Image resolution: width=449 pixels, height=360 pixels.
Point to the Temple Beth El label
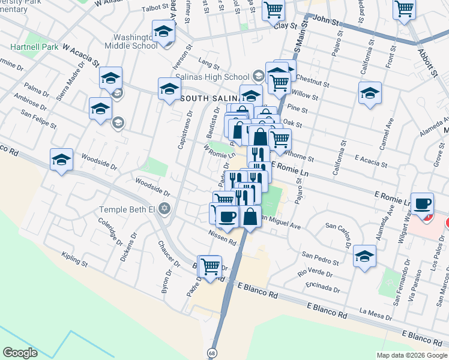point(128,210)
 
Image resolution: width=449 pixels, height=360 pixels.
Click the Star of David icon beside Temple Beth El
point(164,210)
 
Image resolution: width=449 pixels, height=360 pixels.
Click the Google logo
point(20,352)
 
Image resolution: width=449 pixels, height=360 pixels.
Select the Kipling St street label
point(74,259)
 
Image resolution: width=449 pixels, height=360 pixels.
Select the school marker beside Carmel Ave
point(370,93)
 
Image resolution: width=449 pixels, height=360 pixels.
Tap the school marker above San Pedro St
point(364,256)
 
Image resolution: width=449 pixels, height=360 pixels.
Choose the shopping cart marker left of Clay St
point(273,10)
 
